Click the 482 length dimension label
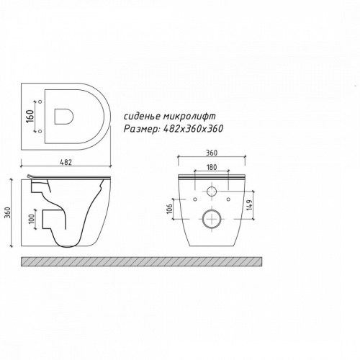click(x=66, y=162)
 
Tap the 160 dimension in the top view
click(x=30, y=116)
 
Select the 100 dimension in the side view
click(x=32, y=218)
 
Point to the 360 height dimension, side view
click(x=8, y=212)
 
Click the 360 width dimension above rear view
click(x=212, y=153)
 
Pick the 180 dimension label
click(x=212, y=167)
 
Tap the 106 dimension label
click(x=169, y=209)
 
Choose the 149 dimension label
click(x=250, y=205)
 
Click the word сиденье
click(x=141, y=117)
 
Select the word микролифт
click(x=189, y=117)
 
